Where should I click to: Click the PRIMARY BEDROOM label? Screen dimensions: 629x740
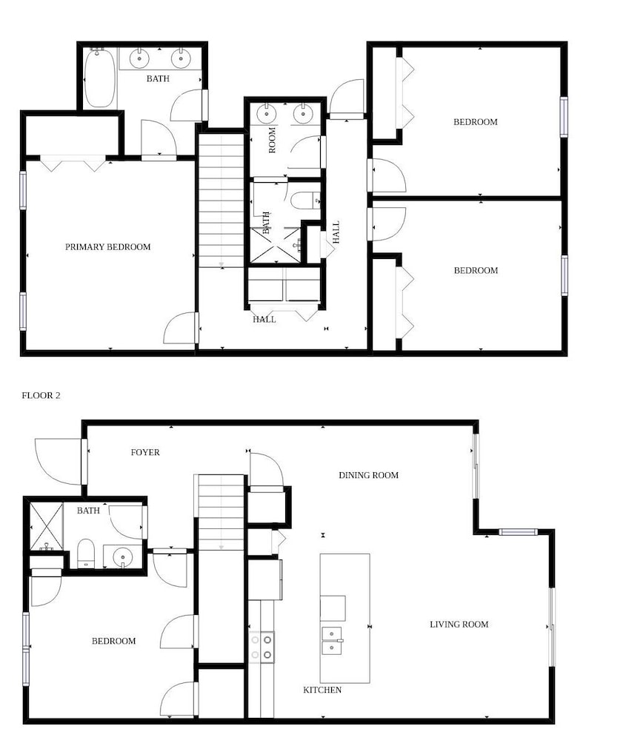(107, 247)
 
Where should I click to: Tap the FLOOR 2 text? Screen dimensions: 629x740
(41, 395)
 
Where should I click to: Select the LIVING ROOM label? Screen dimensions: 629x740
(459, 625)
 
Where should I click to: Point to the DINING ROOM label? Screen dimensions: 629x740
(369, 475)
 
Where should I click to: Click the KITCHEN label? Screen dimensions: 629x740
(322, 690)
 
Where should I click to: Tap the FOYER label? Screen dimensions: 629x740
(145, 452)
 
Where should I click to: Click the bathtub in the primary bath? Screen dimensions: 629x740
(99, 78)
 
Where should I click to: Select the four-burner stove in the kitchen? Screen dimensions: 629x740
(262, 647)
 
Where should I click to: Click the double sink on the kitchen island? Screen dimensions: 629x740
(332, 642)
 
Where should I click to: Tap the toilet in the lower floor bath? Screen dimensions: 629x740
(86, 554)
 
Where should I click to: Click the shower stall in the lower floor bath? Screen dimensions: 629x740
(47, 527)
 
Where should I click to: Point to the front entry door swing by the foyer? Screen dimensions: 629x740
(59, 461)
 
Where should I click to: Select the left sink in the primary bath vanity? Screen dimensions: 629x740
(139, 59)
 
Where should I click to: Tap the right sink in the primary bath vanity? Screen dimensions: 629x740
(181, 59)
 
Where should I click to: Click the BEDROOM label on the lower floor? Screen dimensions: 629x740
(113, 641)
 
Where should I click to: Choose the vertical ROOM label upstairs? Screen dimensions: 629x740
(272, 140)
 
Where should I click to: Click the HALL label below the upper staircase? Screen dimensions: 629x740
(264, 320)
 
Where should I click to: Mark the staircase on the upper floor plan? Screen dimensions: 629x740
(222, 201)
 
